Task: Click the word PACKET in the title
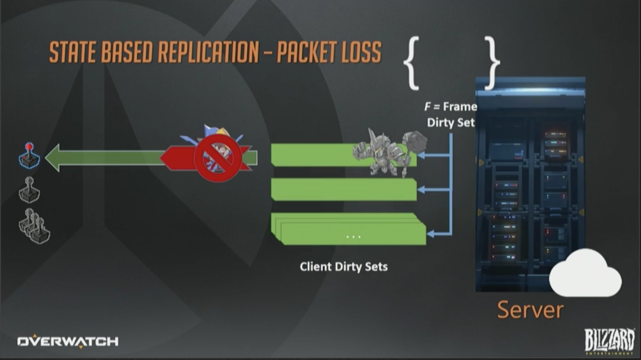pos(307,52)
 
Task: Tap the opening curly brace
pos(411,63)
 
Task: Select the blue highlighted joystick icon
pos(30,156)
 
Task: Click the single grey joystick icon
pos(29,190)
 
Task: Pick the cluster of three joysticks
pos(34,226)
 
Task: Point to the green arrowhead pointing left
pos(53,158)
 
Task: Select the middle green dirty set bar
pos(344,189)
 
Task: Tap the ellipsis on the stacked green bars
pos(353,236)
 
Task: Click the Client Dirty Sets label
pos(343,266)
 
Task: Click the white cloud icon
pos(586,274)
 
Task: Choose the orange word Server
pos(530,310)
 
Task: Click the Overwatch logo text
pos(68,341)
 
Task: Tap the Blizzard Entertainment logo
pos(609,341)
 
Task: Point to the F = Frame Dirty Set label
pos(451,114)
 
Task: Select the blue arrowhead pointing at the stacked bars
pos(430,234)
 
